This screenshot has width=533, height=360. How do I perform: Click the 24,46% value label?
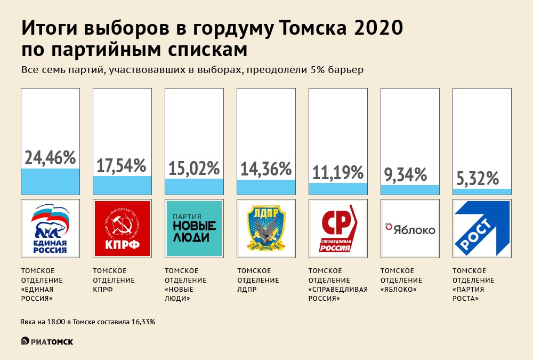click(50, 158)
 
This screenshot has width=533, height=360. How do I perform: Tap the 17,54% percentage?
click(122, 165)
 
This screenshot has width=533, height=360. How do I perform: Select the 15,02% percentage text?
click(194, 169)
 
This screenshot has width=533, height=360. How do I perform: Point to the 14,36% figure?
click(266, 169)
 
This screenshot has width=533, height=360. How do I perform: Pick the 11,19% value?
click(338, 172)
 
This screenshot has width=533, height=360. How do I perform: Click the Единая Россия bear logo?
click(50, 228)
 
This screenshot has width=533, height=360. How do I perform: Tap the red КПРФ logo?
click(122, 228)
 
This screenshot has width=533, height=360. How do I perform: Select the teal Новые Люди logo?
click(194, 228)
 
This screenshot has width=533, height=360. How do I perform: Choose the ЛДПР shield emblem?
click(266, 228)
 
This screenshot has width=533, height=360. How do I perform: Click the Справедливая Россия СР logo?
click(338, 228)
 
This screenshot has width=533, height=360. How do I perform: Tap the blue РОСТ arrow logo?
click(481, 228)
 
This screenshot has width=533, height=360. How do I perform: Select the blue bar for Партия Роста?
click(481, 191)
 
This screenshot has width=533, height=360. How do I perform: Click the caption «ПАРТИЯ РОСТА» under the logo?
click(466, 294)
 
